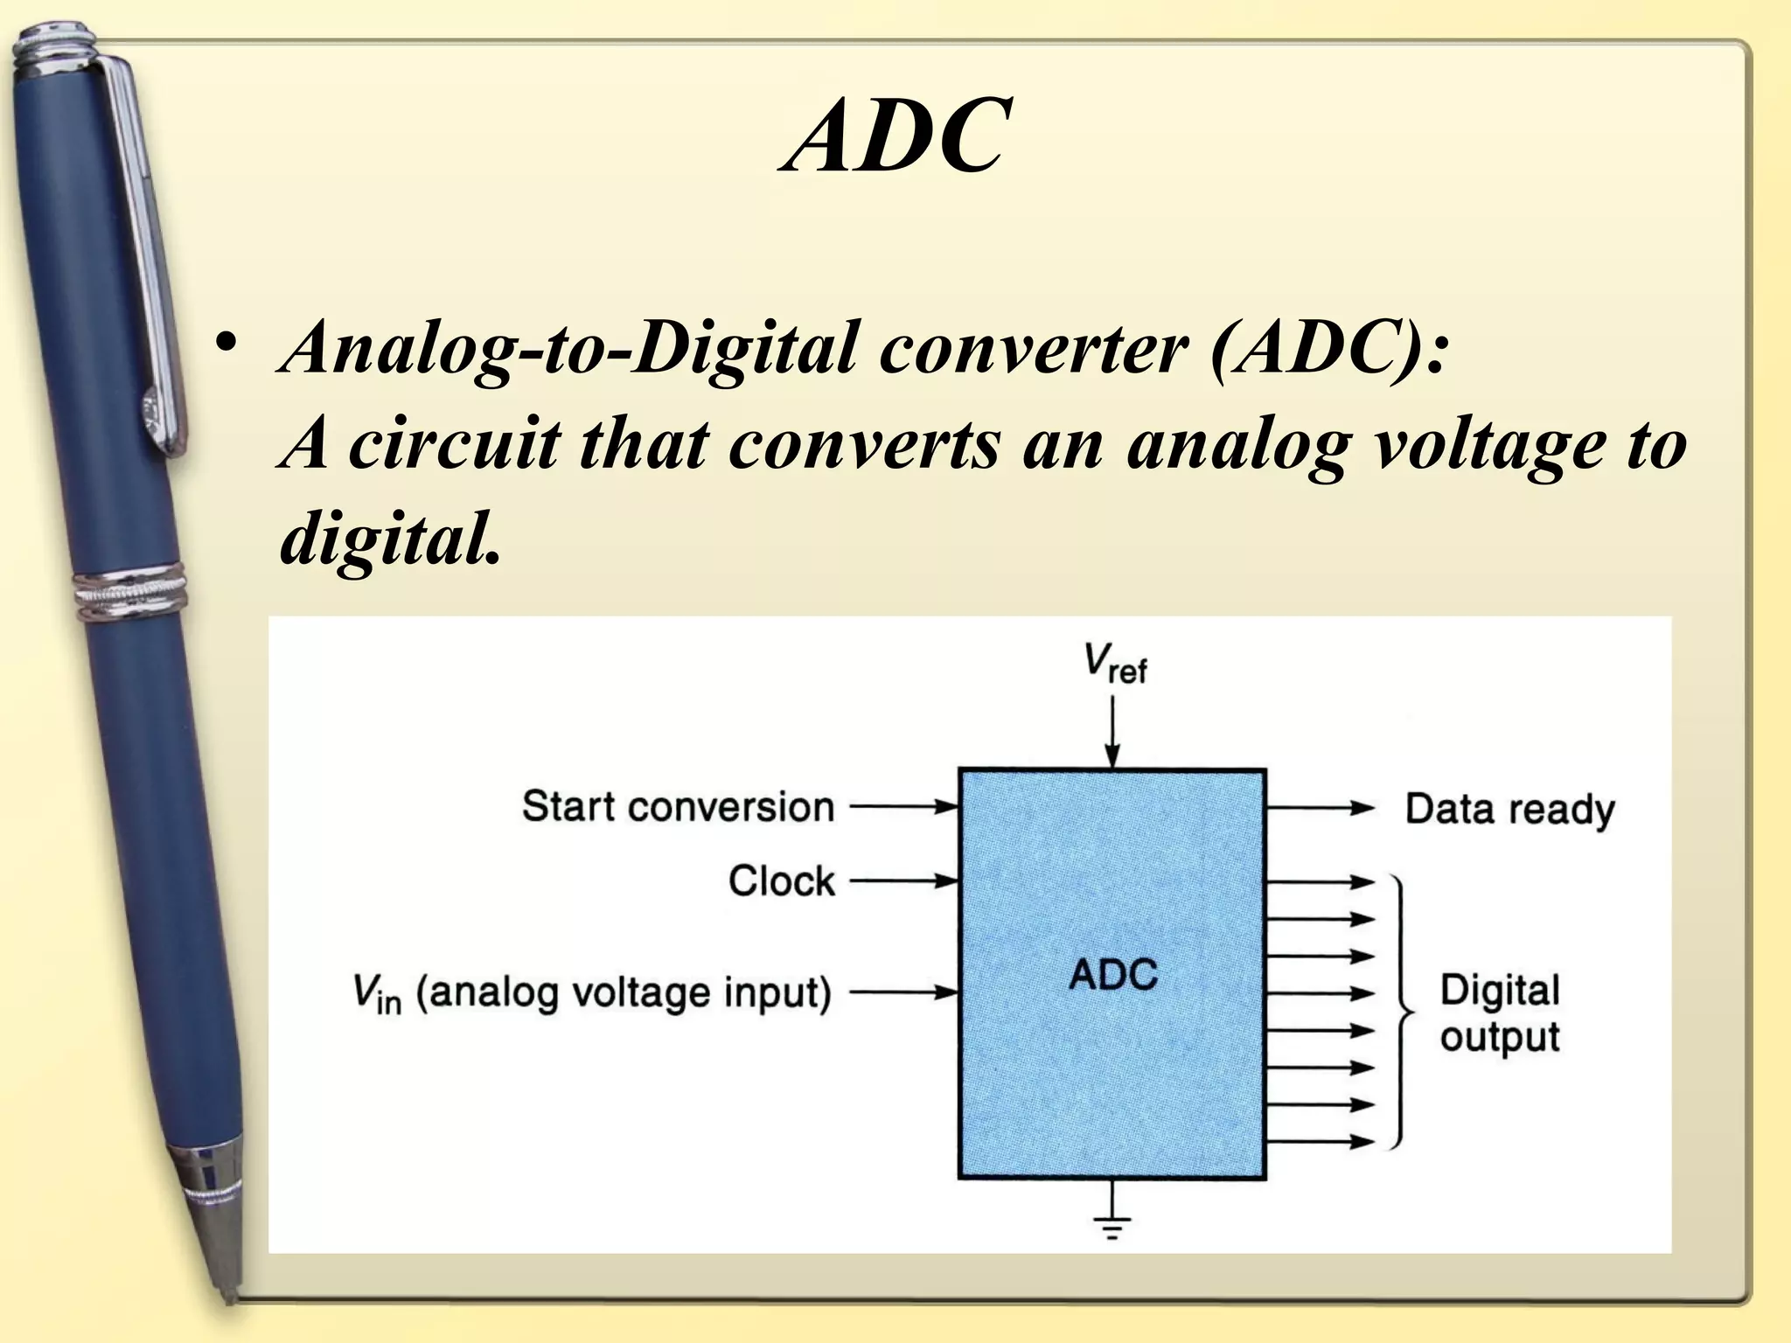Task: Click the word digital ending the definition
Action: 390,538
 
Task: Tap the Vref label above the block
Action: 1114,665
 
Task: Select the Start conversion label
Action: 678,806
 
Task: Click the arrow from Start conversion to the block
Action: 905,806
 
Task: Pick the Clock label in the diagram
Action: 781,880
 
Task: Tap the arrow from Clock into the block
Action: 905,881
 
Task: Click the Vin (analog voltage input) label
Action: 591,993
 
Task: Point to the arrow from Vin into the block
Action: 905,992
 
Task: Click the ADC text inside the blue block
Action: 1112,974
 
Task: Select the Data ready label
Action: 1509,810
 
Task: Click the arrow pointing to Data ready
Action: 1321,808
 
